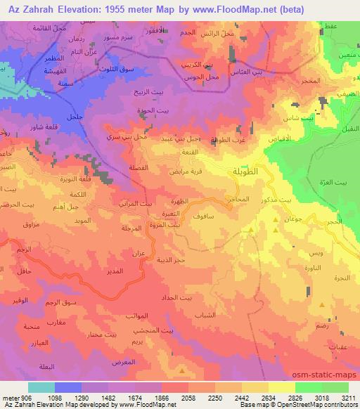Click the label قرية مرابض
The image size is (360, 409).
click(x=186, y=171)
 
